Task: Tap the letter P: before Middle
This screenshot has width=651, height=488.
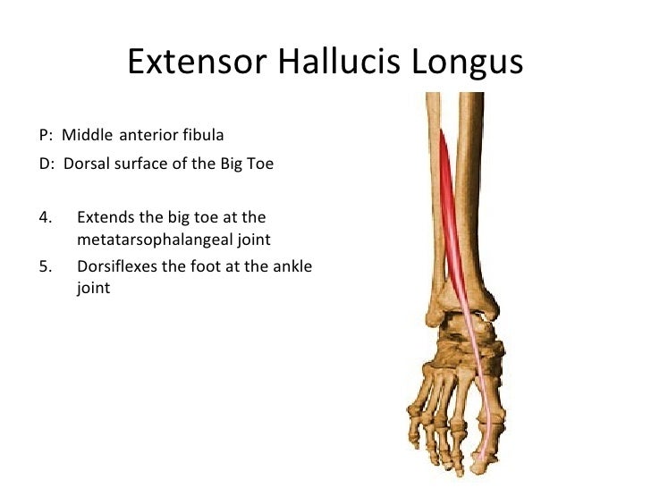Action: [x=46, y=136]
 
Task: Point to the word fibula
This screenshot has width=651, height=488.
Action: [x=202, y=136]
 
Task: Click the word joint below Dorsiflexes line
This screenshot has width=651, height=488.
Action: [x=94, y=288]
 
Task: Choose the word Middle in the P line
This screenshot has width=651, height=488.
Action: [x=87, y=136]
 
